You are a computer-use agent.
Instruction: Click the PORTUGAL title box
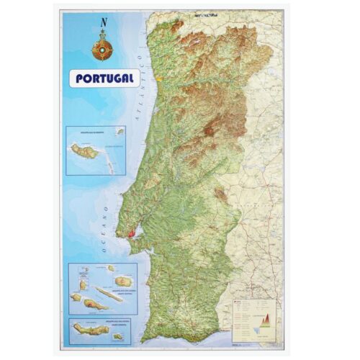click(105, 78)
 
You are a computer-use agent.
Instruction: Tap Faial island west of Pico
click(76, 297)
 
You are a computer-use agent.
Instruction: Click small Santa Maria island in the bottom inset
click(117, 336)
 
